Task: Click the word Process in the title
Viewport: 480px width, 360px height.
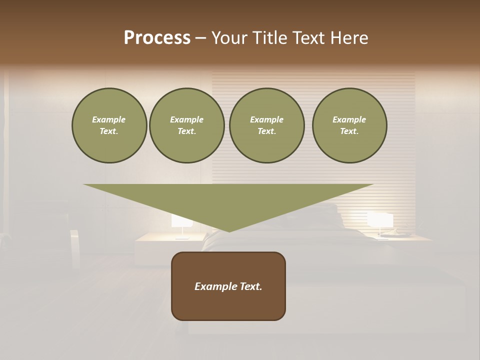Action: tap(157, 38)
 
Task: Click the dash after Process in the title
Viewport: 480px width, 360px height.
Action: tap(200, 38)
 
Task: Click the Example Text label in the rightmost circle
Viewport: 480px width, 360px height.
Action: tap(349, 125)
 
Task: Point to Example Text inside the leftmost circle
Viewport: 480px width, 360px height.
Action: tap(109, 125)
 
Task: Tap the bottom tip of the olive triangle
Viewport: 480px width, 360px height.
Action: tap(229, 230)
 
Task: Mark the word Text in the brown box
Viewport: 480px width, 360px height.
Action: tap(251, 286)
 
